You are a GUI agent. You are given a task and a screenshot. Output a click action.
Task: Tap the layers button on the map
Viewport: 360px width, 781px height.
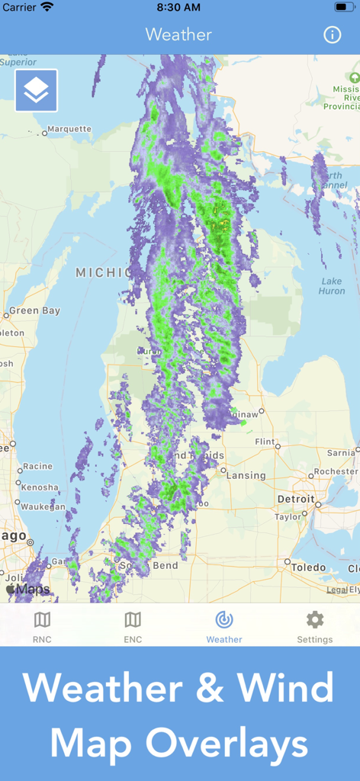click(x=36, y=91)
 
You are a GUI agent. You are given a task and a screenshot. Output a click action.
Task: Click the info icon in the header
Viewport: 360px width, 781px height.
click(x=332, y=34)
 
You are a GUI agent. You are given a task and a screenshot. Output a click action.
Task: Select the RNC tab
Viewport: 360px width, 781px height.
click(x=43, y=627)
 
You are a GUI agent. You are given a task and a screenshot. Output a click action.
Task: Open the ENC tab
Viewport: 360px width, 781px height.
click(x=133, y=627)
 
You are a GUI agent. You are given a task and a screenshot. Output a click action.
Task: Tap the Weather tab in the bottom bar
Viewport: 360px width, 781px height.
click(x=224, y=627)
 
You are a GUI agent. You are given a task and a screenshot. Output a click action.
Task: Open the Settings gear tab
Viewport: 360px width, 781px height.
click(x=314, y=627)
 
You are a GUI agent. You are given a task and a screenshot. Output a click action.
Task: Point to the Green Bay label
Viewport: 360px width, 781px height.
click(x=34, y=311)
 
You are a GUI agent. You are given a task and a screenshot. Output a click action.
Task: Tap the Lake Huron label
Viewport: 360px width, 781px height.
click(x=332, y=286)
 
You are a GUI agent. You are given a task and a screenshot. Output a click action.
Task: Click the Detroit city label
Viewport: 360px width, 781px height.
click(x=296, y=499)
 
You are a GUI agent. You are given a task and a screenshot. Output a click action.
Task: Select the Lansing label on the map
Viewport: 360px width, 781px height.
click(x=246, y=475)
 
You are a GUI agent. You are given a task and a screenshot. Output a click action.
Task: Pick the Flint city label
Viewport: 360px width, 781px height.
click(x=265, y=442)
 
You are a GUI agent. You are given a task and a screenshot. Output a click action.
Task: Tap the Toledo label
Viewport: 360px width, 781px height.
click(x=308, y=567)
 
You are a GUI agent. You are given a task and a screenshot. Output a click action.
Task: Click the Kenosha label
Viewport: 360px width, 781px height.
click(x=40, y=487)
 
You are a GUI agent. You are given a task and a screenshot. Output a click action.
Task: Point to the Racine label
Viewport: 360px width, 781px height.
click(x=38, y=466)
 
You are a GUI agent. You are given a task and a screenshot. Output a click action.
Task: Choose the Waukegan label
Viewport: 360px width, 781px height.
click(x=43, y=506)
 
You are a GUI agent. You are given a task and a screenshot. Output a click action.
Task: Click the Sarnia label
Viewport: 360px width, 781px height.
click(x=341, y=452)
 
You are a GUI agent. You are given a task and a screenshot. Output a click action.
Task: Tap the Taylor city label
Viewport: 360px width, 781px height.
click(x=288, y=516)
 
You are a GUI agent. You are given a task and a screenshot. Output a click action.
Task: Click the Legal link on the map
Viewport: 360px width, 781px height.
click(x=337, y=590)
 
